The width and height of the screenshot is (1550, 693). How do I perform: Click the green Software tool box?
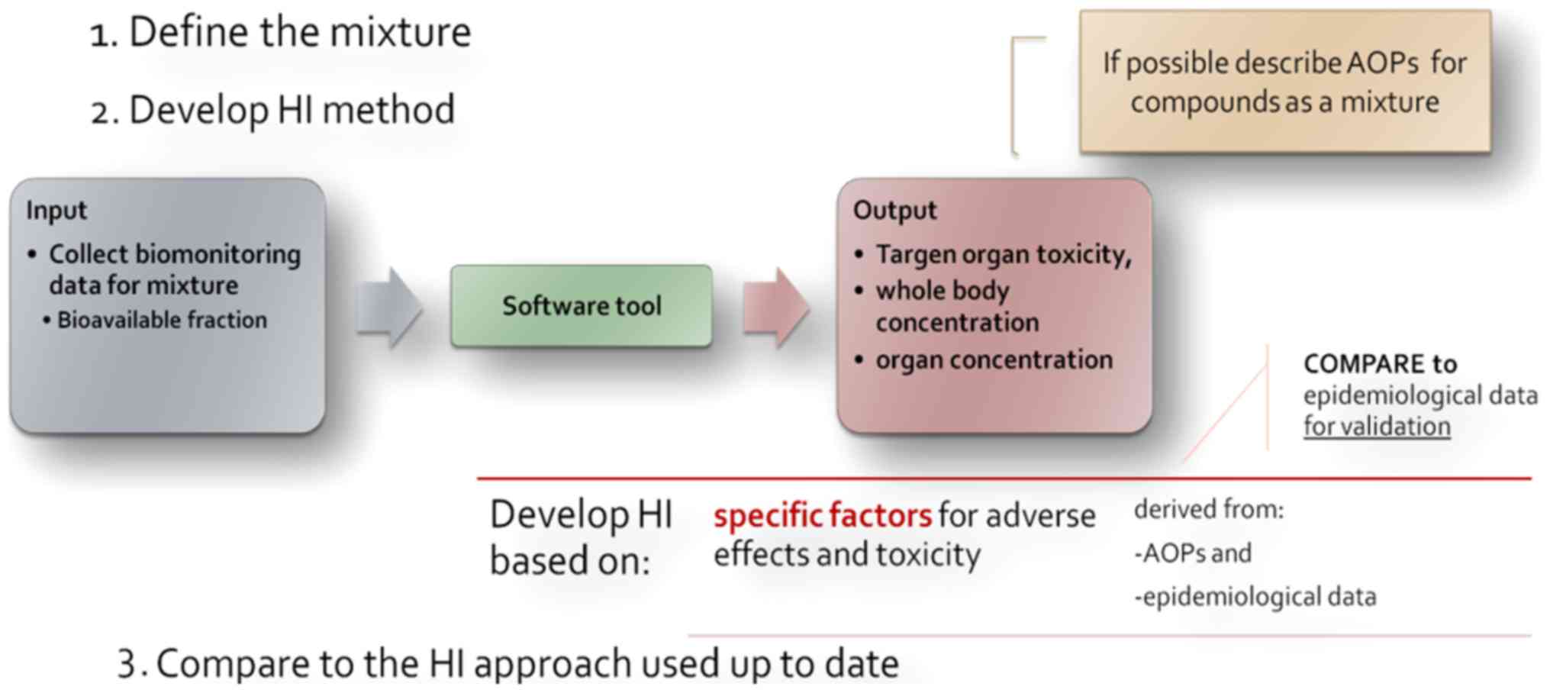(581, 306)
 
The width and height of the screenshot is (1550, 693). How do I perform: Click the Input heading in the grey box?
(56, 210)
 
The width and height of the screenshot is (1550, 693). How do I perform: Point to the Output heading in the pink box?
(894, 210)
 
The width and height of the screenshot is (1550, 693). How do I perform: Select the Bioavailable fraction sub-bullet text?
(162, 320)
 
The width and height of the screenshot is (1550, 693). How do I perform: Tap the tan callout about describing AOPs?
(1284, 82)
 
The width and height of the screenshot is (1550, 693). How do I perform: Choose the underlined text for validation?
(1377, 426)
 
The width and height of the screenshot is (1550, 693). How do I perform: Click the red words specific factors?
(822, 516)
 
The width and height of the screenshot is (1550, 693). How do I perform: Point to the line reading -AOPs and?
(1193, 553)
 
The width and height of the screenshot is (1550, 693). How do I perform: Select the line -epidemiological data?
(1255, 596)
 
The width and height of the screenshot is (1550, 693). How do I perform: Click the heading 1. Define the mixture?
(281, 33)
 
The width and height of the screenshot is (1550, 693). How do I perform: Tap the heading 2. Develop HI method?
(273, 110)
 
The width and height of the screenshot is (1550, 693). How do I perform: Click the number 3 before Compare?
(127, 663)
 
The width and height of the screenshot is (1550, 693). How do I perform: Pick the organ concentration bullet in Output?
(994, 359)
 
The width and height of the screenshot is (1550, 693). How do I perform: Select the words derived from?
(1209, 509)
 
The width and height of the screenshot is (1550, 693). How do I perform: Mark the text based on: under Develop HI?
(569, 561)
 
